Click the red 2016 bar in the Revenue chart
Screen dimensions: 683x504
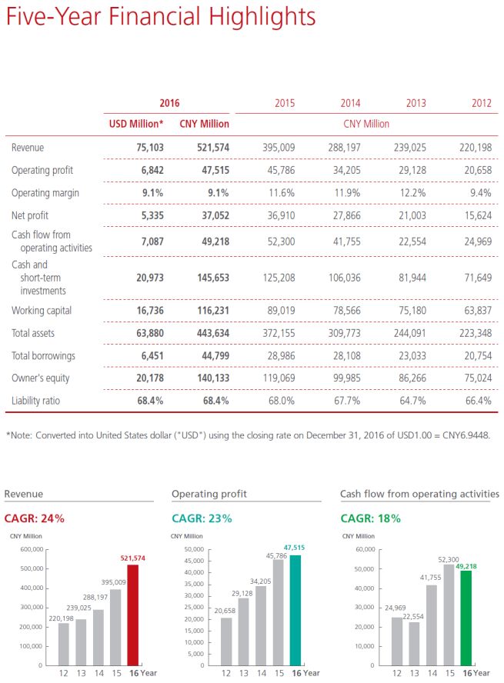click(x=133, y=616)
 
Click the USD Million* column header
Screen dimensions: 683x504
click(x=135, y=123)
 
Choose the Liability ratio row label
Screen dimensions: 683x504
click(x=36, y=401)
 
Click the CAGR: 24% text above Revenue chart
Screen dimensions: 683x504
click(x=35, y=518)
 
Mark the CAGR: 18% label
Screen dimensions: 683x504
click(x=370, y=518)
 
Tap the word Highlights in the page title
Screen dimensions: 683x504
click(x=253, y=16)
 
